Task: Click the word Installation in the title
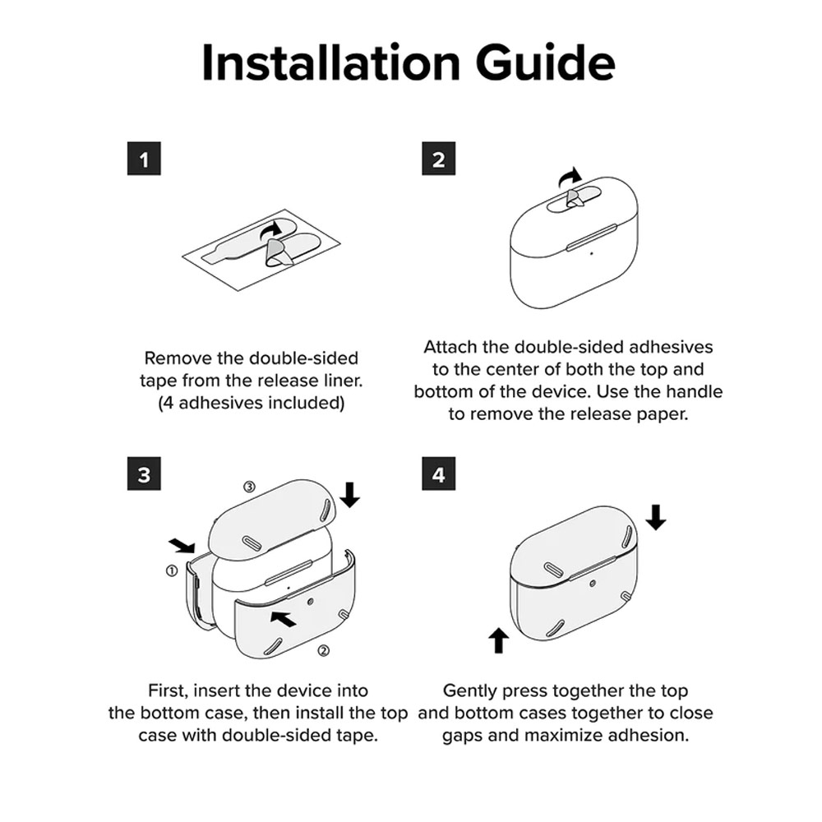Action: [330, 62]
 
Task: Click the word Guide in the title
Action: [546, 62]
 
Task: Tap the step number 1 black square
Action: [144, 159]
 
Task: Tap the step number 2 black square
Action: [439, 159]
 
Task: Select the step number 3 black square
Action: [144, 473]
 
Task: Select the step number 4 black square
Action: [439, 473]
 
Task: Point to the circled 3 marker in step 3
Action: [250, 487]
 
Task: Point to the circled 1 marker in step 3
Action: [172, 570]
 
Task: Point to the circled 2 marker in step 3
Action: [324, 650]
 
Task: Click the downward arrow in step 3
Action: [349, 495]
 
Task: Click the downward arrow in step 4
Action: [655, 517]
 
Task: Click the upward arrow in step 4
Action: [499, 640]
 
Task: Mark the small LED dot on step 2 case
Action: [592, 254]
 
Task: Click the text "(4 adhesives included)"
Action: [251, 403]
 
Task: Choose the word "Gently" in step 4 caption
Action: [470, 691]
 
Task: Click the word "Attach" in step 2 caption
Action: [450, 347]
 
